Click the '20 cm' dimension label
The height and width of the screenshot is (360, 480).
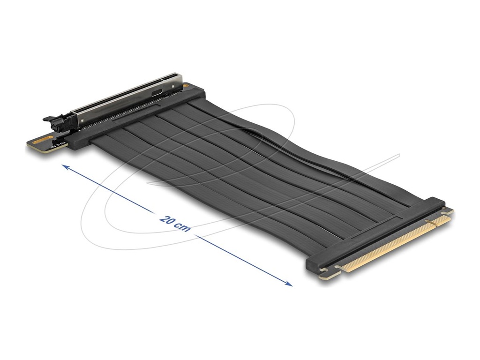[x=175, y=223]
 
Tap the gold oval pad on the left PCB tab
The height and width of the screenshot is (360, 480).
[x=44, y=139]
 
